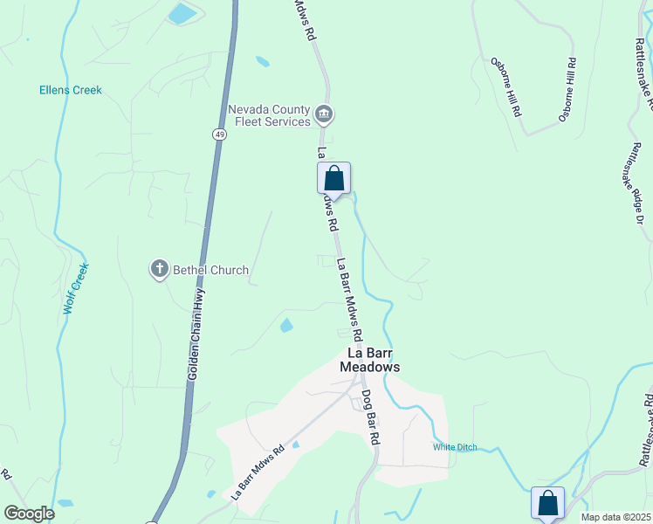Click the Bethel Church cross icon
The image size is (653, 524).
[159, 270]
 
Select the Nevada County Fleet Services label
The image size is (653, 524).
[269, 115]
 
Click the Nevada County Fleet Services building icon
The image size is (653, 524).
[324, 113]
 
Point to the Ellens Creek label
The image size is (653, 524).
[71, 90]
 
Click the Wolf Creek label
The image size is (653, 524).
[76, 289]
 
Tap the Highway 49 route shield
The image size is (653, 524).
[220, 134]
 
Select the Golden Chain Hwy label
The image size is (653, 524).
[196, 332]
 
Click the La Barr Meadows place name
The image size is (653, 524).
[374, 361]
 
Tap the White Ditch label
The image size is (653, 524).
[455, 447]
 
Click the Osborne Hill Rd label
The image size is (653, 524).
[506, 87]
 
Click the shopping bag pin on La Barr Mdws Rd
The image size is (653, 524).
[333, 178]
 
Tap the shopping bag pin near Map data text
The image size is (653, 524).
[547, 503]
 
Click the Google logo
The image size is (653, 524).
[29, 514]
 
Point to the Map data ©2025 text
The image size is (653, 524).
[615, 517]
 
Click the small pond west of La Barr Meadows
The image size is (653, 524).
[286, 326]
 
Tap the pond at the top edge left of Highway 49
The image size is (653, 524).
[183, 13]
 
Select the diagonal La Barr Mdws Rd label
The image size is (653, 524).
[258, 473]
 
